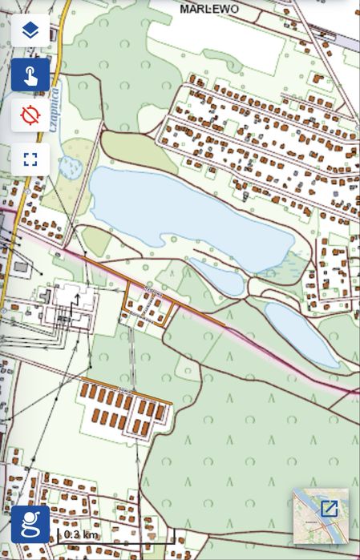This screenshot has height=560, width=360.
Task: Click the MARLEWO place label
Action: pyautogui.click(x=209, y=9)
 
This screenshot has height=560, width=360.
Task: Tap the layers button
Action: pyautogui.click(x=30, y=31)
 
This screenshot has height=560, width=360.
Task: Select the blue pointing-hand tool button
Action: pyautogui.click(x=30, y=75)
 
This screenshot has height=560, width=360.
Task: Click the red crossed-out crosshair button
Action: pyautogui.click(x=30, y=116)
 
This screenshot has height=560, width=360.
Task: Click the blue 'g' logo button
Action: pyautogui.click(x=30, y=525)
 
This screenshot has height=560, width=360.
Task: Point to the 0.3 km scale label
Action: pyautogui.click(x=80, y=534)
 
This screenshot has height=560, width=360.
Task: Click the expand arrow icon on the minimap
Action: pyautogui.click(x=329, y=508)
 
